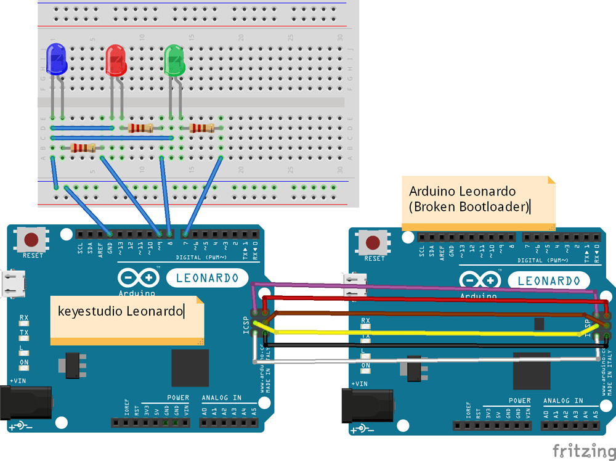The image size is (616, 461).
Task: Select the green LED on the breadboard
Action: pyautogui.click(x=175, y=61)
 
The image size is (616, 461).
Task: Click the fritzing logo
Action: pyautogui.click(x=582, y=450)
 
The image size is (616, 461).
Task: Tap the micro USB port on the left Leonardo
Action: pyautogui.click(x=10, y=282)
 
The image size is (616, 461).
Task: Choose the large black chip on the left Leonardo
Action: pyautogui.click(x=190, y=367)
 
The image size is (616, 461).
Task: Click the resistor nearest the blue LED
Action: pyautogui.click(x=83, y=147)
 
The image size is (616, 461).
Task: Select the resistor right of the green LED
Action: pyautogui.click(x=202, y=128)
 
